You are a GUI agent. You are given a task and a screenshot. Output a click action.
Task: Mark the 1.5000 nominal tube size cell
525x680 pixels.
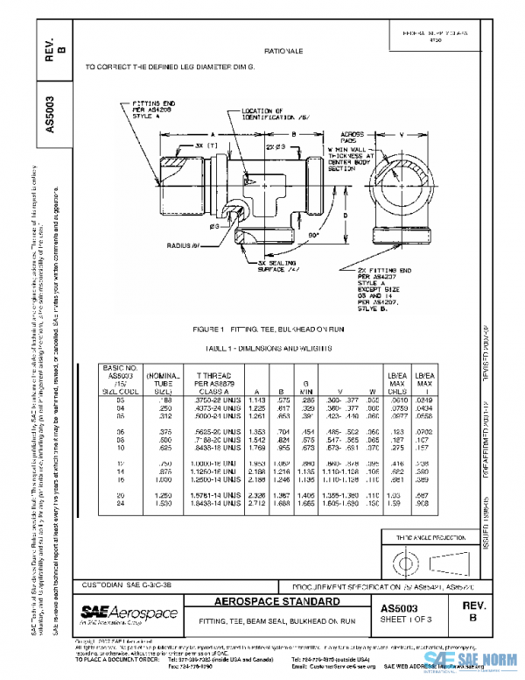[160, 504]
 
